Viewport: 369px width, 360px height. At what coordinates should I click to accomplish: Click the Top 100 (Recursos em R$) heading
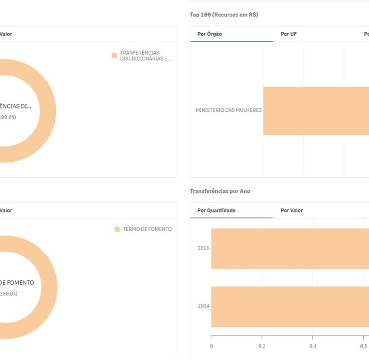224,15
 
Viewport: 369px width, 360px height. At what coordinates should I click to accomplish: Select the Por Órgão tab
209,34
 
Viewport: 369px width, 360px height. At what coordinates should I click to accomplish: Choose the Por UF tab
288,34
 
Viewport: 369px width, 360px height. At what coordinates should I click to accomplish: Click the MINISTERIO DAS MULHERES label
228,110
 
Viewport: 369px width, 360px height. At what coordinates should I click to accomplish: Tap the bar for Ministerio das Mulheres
316,111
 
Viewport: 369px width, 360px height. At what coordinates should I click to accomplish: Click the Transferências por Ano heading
220,191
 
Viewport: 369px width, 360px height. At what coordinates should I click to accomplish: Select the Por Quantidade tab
216,210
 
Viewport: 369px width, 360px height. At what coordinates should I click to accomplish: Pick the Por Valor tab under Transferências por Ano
292,210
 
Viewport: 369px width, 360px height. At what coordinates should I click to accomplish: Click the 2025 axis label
204,248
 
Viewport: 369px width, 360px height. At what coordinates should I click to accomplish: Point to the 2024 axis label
204,306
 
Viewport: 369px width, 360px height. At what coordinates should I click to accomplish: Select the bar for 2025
290,249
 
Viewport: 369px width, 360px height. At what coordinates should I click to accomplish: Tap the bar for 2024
290,306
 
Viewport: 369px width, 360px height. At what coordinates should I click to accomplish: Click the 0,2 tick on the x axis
262,346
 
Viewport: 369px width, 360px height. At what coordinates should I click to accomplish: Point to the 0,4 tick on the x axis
313,346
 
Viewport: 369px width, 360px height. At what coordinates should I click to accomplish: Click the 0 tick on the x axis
211,346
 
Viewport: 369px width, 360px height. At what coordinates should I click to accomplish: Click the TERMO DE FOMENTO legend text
147,229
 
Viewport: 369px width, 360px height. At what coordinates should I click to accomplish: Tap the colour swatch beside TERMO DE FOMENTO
117,229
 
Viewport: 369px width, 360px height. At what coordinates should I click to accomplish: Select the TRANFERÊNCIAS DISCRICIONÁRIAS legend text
145,56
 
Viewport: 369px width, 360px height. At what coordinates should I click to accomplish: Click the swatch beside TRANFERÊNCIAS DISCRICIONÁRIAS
114,56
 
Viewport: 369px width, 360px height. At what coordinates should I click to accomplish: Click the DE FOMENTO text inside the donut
17,283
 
